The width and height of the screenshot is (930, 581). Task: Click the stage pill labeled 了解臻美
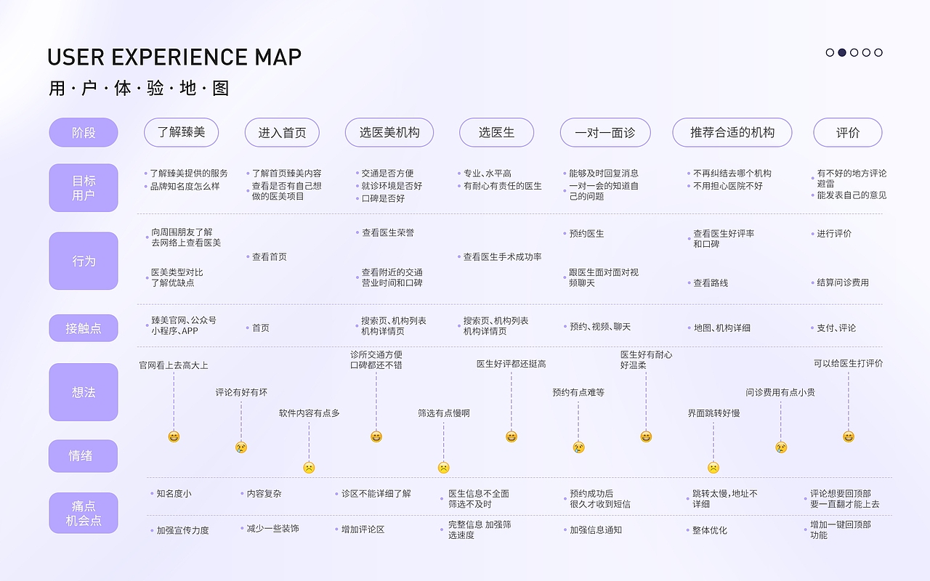[x=182, y=132]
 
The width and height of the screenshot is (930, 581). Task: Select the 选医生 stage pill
[x=496, y=132]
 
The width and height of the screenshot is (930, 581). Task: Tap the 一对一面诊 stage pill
[x=604, y=132]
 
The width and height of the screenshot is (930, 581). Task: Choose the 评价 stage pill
[x=847, y=132]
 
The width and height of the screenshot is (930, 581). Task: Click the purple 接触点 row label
[x=84, y=328]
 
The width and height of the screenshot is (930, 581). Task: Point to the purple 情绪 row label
[x=84, y=456]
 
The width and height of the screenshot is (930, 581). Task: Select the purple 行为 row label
[x=84, y=261]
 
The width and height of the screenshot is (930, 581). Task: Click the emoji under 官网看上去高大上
[x=174, y=436]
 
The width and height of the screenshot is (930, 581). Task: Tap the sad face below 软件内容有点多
[x=309, y=468]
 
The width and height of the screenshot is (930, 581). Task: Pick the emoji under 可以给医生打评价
[x=848, y=436]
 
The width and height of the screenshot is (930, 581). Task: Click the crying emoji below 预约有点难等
[x=578, y=447]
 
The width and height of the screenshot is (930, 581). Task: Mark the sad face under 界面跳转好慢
[x=713, y=468]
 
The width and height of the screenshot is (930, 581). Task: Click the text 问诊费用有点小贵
[x=780, y=393]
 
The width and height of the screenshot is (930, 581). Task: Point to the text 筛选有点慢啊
[x=443, y=413]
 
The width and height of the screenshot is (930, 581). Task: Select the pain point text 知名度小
[x=174, y=494]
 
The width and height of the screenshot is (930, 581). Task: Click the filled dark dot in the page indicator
[x=842, y=52]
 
